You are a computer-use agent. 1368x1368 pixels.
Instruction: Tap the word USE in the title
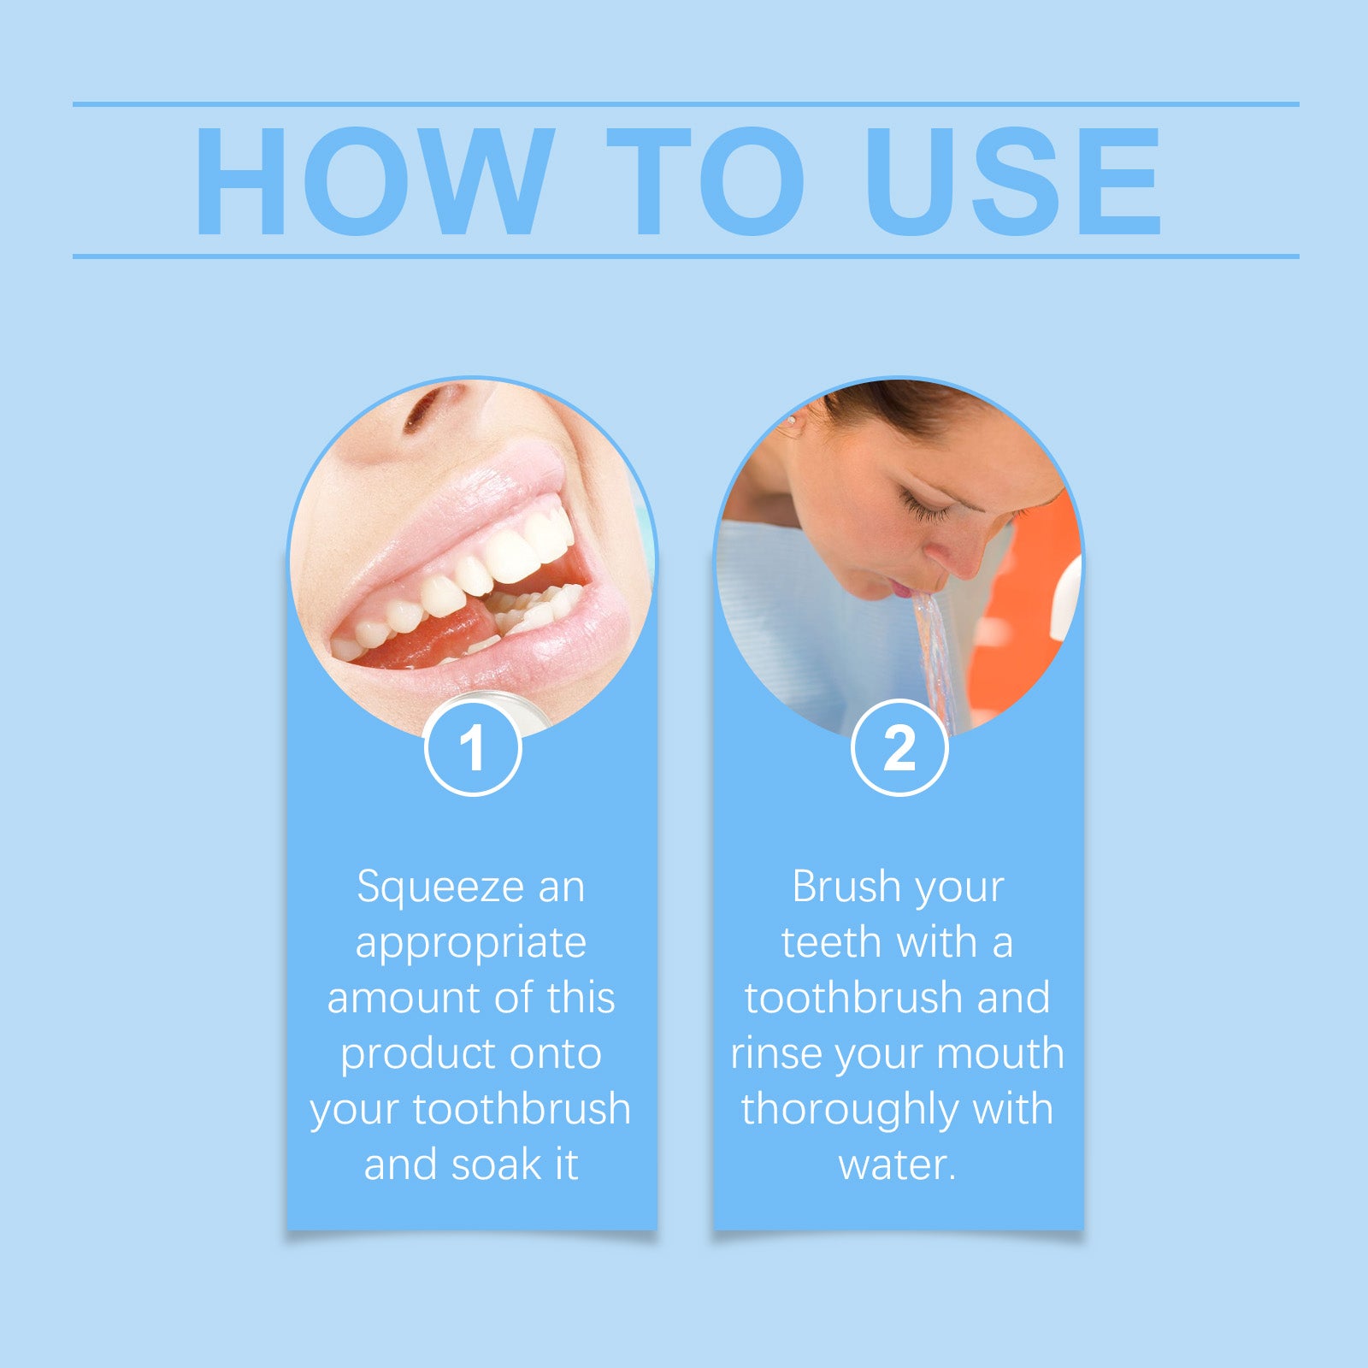(1012, 181)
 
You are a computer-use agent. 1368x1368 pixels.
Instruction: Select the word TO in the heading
(705, 181)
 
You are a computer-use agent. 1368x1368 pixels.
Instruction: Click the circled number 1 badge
(472, 748)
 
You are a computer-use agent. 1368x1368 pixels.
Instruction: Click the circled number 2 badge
(899, 748)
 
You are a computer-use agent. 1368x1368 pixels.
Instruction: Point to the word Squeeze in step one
(440, 887)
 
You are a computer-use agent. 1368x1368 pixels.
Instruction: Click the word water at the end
(893, 1165)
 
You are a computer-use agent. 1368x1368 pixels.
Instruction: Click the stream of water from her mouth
(936, 650)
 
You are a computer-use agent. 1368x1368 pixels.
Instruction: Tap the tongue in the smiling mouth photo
(445, 637)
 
